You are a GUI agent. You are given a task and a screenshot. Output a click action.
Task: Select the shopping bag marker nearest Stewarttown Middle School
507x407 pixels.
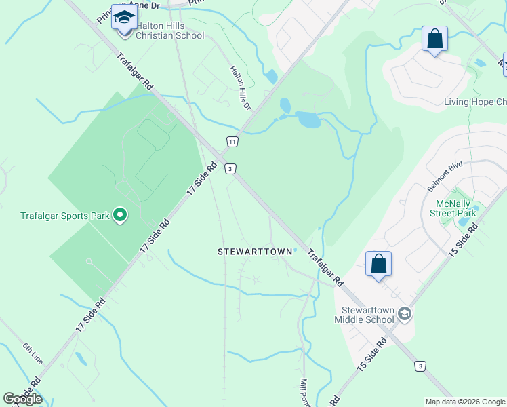click(378, 265)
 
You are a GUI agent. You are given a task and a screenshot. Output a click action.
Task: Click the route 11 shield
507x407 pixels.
click(232, 141)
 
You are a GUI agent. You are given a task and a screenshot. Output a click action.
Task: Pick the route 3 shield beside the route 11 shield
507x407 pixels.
click(231, 168)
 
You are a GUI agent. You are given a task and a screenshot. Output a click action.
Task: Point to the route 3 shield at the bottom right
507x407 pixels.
click(421, 366)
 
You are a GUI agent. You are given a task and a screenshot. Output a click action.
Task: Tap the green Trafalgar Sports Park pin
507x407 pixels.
click(120, 216)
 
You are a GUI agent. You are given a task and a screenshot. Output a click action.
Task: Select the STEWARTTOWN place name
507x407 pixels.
click(255, 252)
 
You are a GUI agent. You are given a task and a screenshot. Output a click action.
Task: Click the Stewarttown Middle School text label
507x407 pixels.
click(363, 315)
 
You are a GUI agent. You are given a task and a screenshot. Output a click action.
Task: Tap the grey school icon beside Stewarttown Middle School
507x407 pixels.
click(405, 313)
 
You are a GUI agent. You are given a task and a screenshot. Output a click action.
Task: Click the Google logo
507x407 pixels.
click(22, 399)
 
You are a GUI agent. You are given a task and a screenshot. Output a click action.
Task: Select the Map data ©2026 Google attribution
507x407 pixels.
click(464, 402)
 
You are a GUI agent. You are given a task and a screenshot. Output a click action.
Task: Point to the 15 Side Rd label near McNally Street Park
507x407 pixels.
click(464, 239)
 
